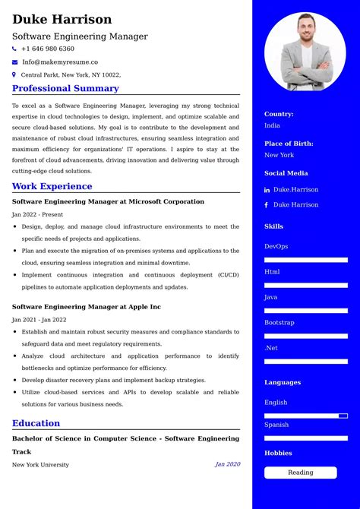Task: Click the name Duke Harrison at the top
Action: point(62,19)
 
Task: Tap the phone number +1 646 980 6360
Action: point(47,49)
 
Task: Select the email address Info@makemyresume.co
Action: point(60,62)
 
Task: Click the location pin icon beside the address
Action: point(14,74)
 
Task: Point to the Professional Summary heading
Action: point(65,88)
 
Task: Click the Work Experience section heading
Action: point(52,186)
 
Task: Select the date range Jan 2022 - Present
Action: point(38,214)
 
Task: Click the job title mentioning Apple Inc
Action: point(87,307)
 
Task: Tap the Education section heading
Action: point(36,423)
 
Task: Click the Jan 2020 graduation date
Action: point(227,464)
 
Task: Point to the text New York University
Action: point(40,464)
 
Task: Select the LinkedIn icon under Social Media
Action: point(267,190)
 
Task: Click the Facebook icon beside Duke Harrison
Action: point(267,205)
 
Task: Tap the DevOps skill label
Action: point(276,246)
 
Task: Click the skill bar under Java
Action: point(306,311)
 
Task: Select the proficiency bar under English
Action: point(306,416)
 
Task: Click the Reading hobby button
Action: point(300,473)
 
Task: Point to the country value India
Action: point(272,125)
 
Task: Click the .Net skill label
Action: point(271,348)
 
